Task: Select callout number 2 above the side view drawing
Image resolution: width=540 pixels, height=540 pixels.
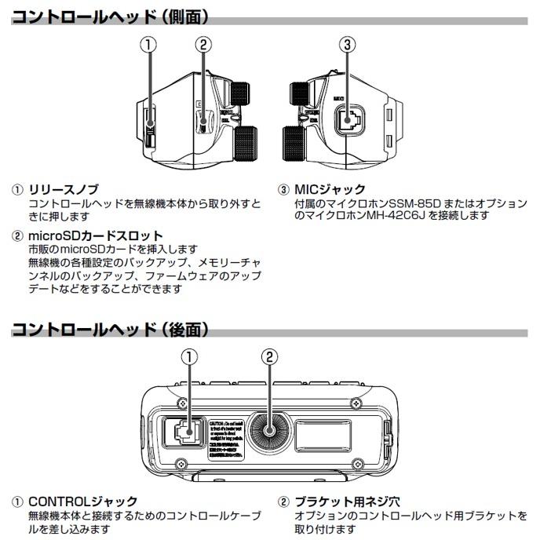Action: point(203,45)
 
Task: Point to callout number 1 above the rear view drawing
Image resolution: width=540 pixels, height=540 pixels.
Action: point(189,357)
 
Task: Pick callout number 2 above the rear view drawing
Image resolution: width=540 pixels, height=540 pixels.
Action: point(269,357)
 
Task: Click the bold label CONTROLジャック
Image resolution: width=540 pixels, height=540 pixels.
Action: point(83,501)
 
